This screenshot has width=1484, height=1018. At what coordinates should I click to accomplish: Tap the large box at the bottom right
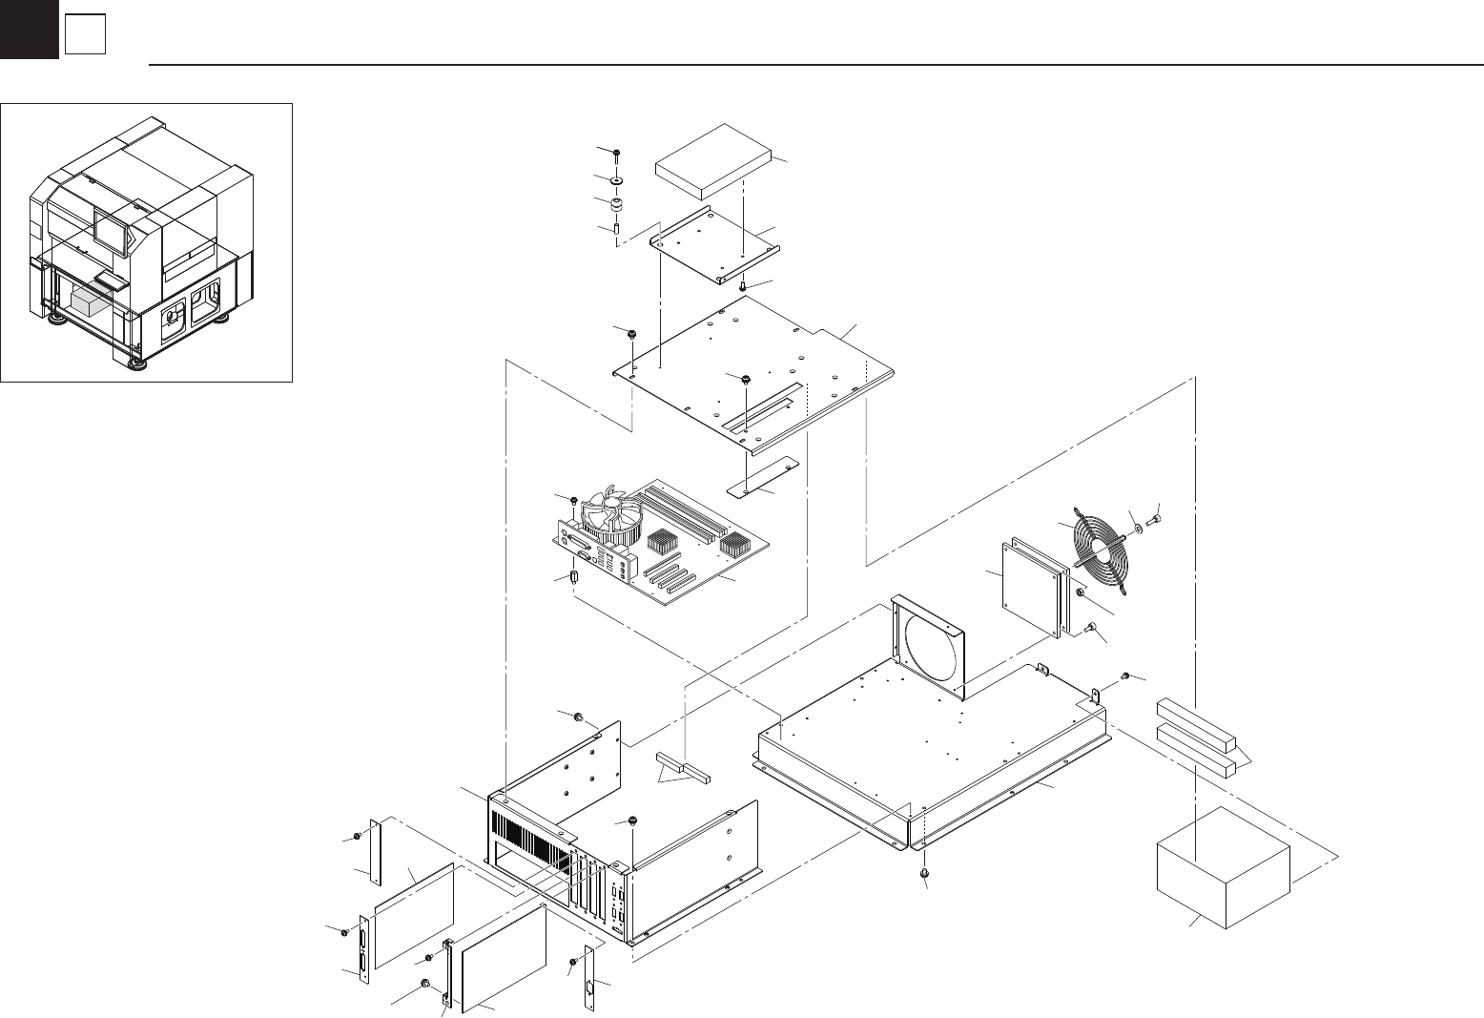point(1223,865)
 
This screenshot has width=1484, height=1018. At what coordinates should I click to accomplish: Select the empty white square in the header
point(84,36)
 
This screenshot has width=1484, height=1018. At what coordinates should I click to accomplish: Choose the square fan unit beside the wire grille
point(1031,588)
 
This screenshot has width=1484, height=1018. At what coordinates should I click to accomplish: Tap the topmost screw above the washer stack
point(617,153)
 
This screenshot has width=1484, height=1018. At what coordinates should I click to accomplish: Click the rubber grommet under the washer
point(617,204)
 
